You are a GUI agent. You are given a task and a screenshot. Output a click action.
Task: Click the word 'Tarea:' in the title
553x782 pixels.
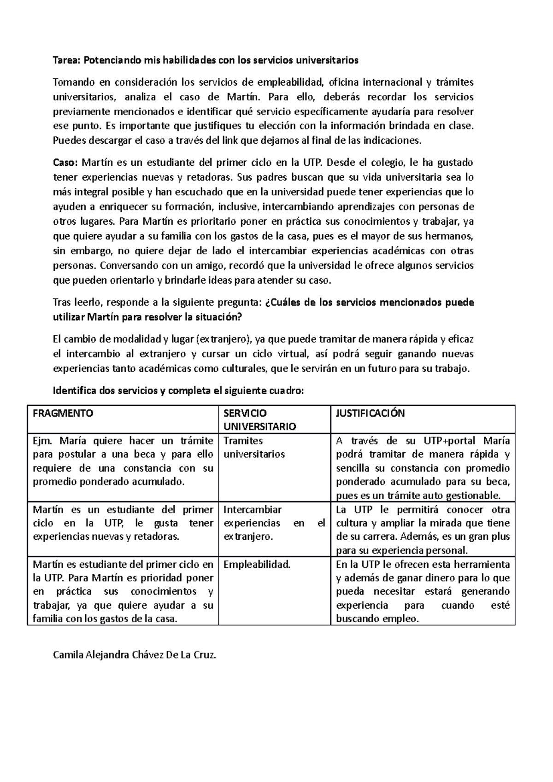click(x=67, y=60)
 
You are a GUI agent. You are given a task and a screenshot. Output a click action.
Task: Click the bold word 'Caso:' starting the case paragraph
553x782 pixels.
click(x=66, y=163)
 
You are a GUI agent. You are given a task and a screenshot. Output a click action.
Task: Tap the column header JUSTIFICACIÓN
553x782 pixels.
click(x=370, y=413)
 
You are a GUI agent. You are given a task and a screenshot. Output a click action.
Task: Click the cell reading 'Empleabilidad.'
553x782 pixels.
click(x=257, y=565)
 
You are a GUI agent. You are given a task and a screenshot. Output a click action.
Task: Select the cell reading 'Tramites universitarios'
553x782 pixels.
click(x=254, y=447)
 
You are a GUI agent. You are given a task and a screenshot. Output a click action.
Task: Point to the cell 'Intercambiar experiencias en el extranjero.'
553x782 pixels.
click(x=274, y=523)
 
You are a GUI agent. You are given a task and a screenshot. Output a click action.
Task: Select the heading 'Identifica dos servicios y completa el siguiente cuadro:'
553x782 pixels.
click(x=179, y=391)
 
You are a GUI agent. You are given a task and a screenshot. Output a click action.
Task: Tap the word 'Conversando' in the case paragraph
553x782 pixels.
click(x=127, y=266)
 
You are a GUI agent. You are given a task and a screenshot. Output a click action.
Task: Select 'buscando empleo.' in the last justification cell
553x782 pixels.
click(x=377, y=619)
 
